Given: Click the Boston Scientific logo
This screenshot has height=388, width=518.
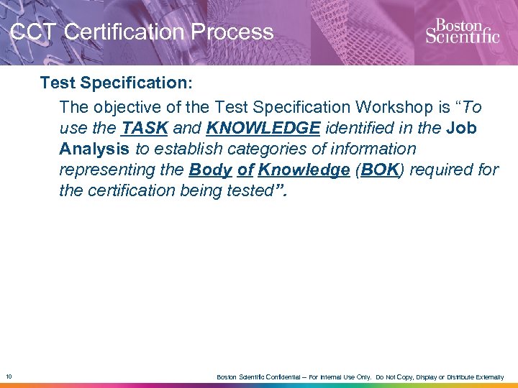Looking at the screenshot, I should (462, 30).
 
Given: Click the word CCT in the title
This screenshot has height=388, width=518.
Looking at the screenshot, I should (34, 32).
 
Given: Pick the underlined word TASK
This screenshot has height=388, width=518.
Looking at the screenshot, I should (145, 129).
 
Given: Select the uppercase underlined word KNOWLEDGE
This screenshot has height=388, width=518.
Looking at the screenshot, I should (263, 129).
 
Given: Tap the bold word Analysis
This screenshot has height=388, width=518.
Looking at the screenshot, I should (94, 149).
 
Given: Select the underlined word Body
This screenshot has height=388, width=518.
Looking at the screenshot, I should (211, 170).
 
